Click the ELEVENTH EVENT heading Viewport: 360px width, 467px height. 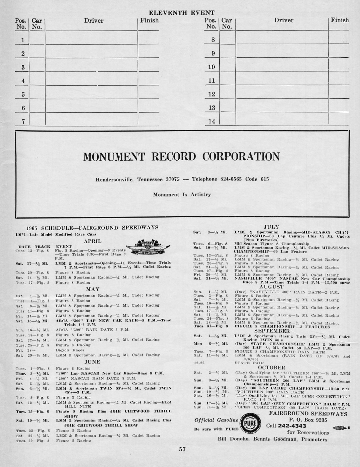point(181,13)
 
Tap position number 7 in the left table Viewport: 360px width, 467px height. point(23,121)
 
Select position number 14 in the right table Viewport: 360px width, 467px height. point(211,121)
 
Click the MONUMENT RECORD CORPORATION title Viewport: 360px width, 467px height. point(181,156)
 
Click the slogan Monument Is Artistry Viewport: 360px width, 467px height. point(182,194)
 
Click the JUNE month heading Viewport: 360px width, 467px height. point(93,362)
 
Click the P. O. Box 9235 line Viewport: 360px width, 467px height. point(308,420)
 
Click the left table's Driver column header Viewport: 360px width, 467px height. point(94,21)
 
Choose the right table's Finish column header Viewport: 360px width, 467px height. point(340,20)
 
